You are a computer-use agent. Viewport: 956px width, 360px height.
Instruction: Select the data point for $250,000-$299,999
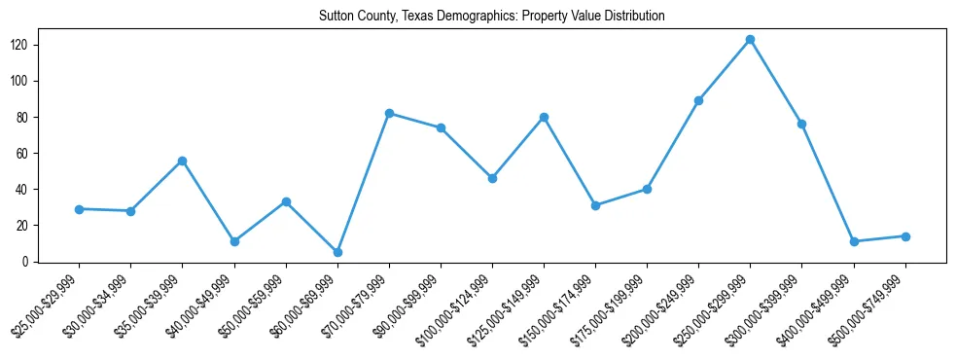[750, 40]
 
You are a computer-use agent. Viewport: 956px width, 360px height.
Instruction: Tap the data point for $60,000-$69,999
[336, 252]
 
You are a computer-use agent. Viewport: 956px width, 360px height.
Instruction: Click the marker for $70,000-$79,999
[389, 113]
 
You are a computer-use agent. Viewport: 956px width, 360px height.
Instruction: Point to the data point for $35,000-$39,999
[182, 161]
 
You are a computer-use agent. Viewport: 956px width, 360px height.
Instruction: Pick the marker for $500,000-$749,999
[905, 236]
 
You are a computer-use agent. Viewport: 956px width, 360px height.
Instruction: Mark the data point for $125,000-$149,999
[544, 117]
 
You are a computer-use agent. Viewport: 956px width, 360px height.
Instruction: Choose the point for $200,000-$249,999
[698, 100]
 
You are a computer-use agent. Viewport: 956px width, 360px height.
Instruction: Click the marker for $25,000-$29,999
[79, 209]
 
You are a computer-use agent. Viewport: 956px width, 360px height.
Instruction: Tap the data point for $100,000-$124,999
[492, 178]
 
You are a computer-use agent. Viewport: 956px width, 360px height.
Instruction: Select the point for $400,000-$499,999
[854, 241]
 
